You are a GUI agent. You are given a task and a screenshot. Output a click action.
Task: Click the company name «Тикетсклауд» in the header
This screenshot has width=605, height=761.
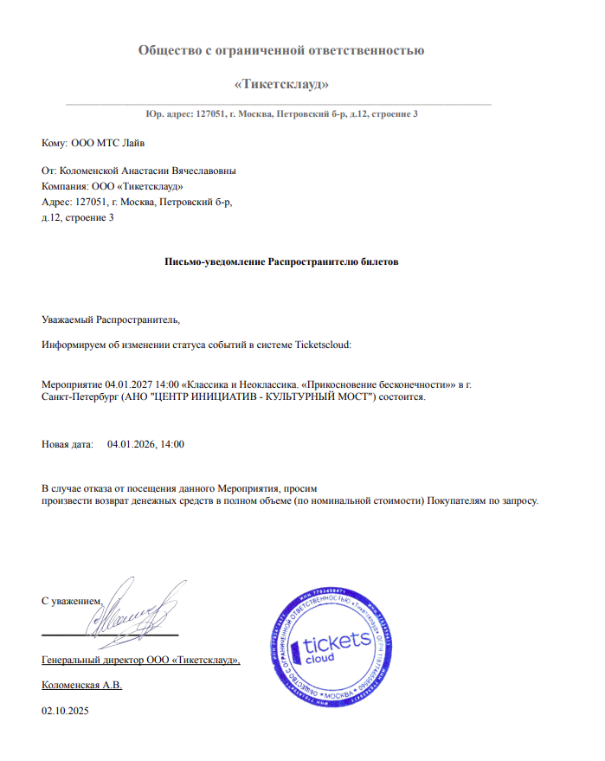click(x=281, y=84)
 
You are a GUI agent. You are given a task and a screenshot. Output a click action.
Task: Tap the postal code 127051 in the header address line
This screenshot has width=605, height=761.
click(x=212, y=114)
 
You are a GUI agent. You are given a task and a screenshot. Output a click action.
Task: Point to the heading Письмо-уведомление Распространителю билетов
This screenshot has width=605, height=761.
click(x=281, y=261)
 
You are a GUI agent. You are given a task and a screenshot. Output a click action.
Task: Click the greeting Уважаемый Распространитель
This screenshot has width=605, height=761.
click(x=110, y=319)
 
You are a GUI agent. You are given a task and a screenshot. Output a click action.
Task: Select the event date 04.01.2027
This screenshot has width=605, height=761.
click(x=127, y=382)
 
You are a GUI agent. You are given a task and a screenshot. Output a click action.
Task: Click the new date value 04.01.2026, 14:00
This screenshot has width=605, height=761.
click(x=145, y=444)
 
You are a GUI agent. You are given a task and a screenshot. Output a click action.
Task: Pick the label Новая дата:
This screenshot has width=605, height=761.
click(x=68, y=444)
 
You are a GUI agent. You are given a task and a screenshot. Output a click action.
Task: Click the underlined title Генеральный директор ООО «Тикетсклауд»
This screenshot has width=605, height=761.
click(x=140, y=660)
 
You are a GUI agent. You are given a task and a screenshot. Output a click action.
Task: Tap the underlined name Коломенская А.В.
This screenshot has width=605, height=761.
click(x=82, y=685)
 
